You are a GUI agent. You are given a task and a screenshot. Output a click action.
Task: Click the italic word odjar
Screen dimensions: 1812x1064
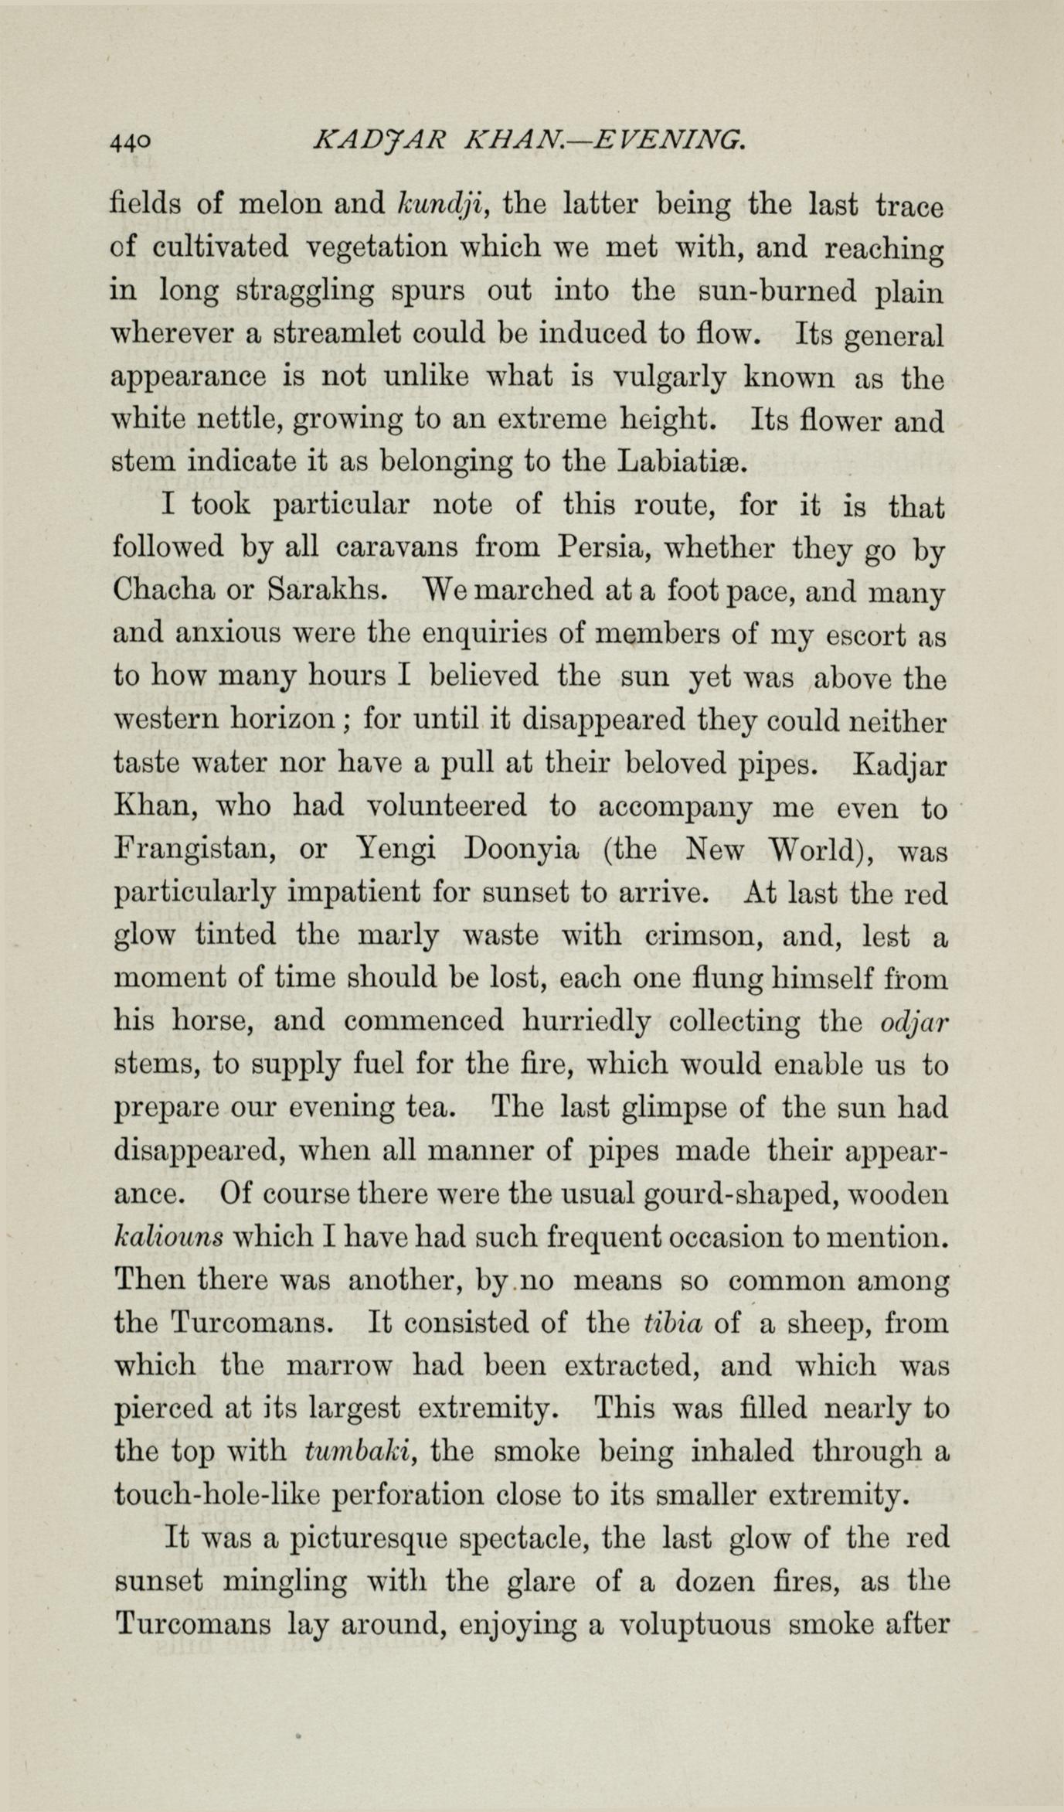914,1022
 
